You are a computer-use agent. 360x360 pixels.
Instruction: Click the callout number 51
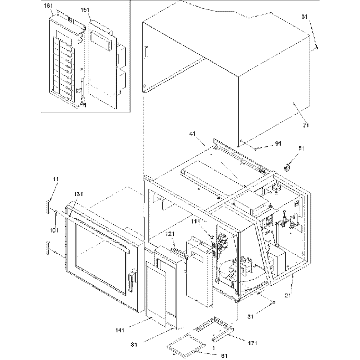[x=302, y=148]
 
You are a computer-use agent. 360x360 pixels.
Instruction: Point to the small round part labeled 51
[x=289, y=166]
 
